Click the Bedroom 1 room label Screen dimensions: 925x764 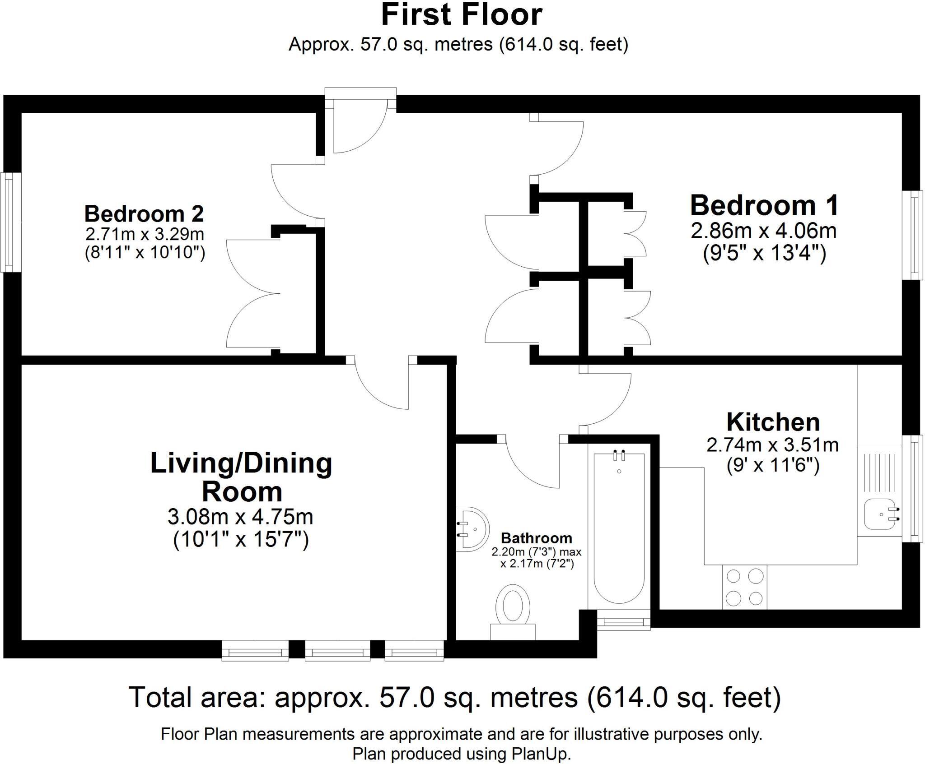(764, 205)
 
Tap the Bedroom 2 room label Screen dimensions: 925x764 (144, 213)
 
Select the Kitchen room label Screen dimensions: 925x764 (773, 422)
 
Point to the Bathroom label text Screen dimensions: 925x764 (537, 538)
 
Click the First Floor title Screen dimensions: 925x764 (462, 14)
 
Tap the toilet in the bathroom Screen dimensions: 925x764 (513, 612)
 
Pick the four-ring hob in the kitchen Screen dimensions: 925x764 (744, 587)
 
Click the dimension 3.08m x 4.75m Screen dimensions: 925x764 (240, 517)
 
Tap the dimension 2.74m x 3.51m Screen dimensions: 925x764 (773, 445)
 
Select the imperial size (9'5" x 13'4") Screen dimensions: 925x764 (764, 253)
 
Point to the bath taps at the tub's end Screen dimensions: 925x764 (619, 455)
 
